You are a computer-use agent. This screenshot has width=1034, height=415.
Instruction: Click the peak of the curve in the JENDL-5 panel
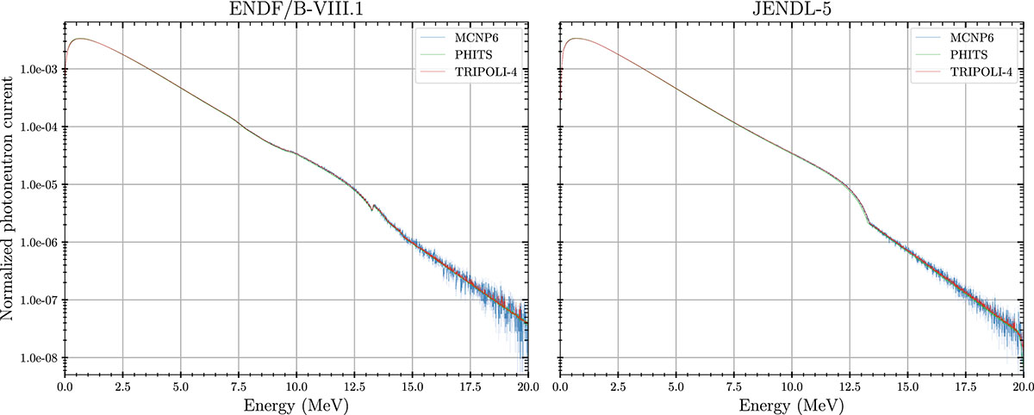tap(575, 39)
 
